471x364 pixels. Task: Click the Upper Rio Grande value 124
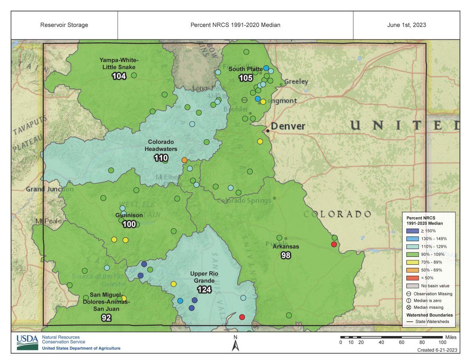coord(204,290)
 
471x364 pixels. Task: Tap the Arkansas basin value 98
coord(286,255)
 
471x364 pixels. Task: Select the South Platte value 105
coord(245,78)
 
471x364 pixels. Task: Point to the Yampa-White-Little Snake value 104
coord(119,76)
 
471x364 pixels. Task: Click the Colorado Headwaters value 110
coord(161,158)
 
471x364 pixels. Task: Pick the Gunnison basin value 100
coord(129,224)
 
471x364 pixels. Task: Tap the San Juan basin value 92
coord(106,318)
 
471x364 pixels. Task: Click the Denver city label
coord(288,126)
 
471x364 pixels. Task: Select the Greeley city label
coord(296,81)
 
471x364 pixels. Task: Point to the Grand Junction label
coord(50,189)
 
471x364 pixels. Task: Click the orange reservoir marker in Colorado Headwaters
coord(184,160)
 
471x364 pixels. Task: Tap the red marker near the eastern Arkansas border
coord(334,244)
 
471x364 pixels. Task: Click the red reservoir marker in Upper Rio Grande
coord(242,317)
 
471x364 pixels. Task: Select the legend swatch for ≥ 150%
coord(412,231)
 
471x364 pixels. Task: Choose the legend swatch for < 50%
coord(412,278)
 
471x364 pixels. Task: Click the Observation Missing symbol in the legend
coord(409,294)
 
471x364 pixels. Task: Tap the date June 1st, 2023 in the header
coord(407,25)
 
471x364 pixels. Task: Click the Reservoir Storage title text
coord(64,25)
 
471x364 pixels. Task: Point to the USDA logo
coord(27,342)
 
